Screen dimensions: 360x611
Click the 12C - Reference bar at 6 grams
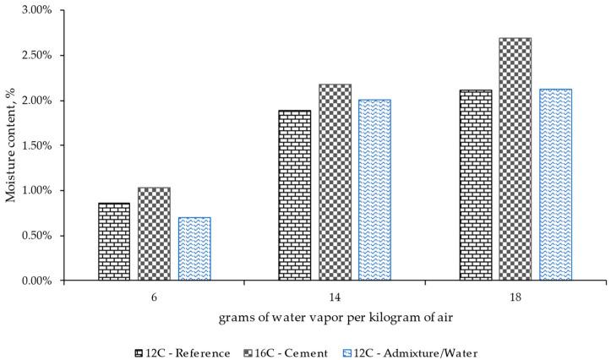[114, 242]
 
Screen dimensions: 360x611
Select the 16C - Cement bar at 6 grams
[154, 234]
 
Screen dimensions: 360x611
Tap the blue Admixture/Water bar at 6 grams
[194, 248]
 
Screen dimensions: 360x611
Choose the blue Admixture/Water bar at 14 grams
[374, 190]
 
